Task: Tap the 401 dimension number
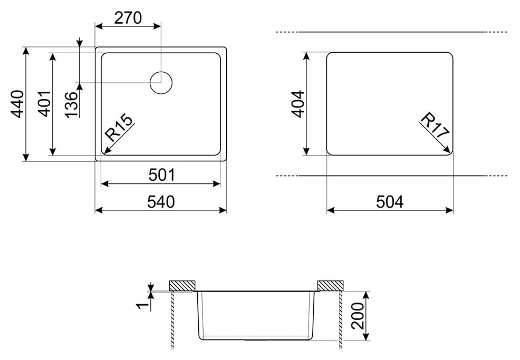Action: (45, 103)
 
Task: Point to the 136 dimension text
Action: (71, 105)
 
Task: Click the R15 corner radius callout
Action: (119, 127)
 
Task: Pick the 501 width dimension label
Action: (161, 175)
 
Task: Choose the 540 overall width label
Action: (161, 201)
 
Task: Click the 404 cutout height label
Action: (298, 104)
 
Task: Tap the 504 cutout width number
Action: (390, 201)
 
